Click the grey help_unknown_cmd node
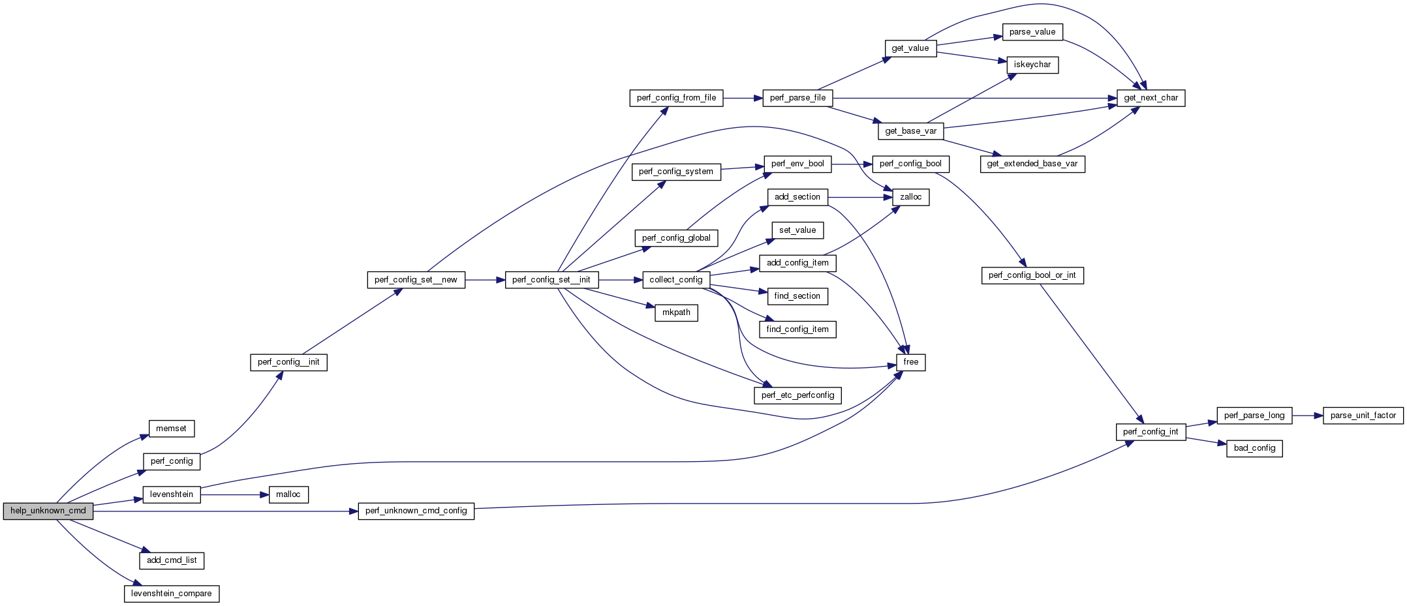coord(48,511)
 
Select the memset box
coord(171,429)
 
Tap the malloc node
coord(288,494)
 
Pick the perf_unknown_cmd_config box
coord(416,511)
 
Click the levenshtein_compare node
coord(171,594)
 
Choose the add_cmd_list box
coord(172,560)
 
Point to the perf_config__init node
coord(288,362)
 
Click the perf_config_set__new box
coord(416,280)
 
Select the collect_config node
coord(675,280)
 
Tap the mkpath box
coord(676,312)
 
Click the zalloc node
coord(910,197)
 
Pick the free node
coord(910,362)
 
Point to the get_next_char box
coord(1151,98)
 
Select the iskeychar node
coord(1032,65)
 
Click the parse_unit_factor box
coord(1363,416)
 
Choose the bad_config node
coord(1254,448)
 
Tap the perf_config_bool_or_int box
coord(1032,275)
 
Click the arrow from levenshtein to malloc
coord(235,494)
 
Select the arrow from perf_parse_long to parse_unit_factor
coord(1307,416)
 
